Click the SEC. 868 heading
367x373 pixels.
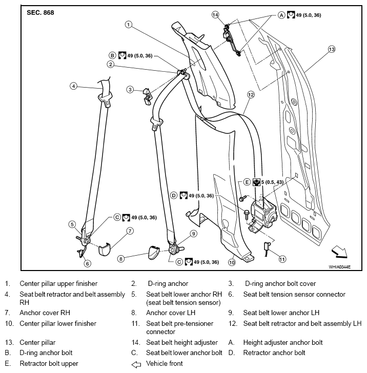(40, 13)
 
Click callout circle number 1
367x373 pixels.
(129, 25)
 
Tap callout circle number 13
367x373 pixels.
(332, 49)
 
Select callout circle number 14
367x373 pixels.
(215, 15)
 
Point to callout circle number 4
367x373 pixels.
(73, 86)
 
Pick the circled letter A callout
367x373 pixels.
(281, 15)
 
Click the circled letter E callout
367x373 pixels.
(247, 182)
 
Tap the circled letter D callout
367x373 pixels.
(174, 196)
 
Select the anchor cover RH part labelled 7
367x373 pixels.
(105, 249)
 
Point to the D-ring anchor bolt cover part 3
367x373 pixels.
(147, 96)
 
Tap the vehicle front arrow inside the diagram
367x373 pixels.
(340, 252)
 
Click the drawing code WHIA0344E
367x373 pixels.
(340, 267)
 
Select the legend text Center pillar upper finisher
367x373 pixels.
(58, 283)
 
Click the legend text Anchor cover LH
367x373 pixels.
(171, 313)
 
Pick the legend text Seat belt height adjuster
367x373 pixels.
(182, 343)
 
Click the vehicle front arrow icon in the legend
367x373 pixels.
(136, 364)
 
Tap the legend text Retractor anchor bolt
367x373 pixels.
(274, 353)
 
